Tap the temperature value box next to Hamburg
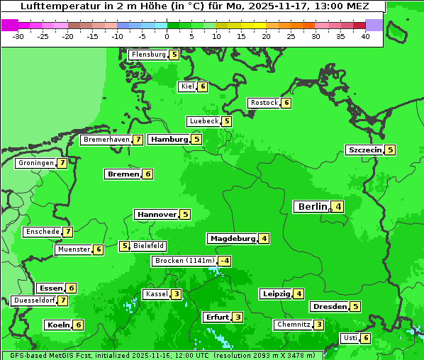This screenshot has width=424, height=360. pos(196,140)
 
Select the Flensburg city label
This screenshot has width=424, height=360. pos(149,55)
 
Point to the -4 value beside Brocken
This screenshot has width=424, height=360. pos(224,261)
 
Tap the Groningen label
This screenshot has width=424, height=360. pos(36,163)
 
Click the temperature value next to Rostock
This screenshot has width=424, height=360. pos(286,103)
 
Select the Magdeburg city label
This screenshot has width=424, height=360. pos(233,238)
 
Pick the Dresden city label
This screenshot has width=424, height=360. pos(330,307)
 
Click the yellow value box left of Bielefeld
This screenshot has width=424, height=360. pos(125,247)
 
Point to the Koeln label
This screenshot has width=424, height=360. pos(58,325)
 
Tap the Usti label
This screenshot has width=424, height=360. pos(350,338)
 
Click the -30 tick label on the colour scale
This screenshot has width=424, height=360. pos(18,36)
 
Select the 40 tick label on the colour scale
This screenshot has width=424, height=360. pos(365,36)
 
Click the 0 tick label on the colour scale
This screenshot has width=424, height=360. pos(167,36)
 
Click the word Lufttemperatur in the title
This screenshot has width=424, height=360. pos(54,6)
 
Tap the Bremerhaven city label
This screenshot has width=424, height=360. pos(106,140)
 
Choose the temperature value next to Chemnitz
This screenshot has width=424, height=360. pos(319,325)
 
